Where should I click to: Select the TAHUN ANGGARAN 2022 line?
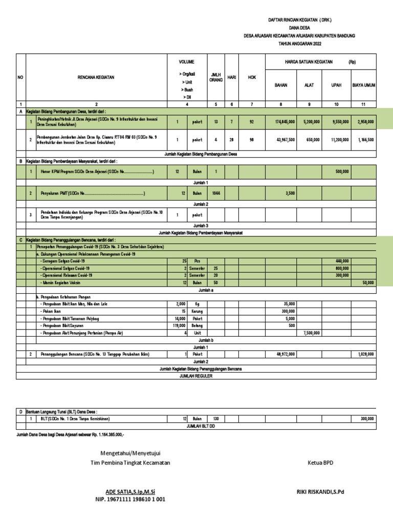[300, 45]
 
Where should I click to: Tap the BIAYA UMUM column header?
[364, 85]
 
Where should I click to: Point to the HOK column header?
[252, 77]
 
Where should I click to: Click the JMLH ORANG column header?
[215, 78]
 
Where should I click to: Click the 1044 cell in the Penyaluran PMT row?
[215, 194]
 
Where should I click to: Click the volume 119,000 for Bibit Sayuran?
[179, 325]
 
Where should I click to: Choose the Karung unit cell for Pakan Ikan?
[197, 311]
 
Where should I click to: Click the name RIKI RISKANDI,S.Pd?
[321, 491]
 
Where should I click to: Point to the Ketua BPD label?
[320, 463]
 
